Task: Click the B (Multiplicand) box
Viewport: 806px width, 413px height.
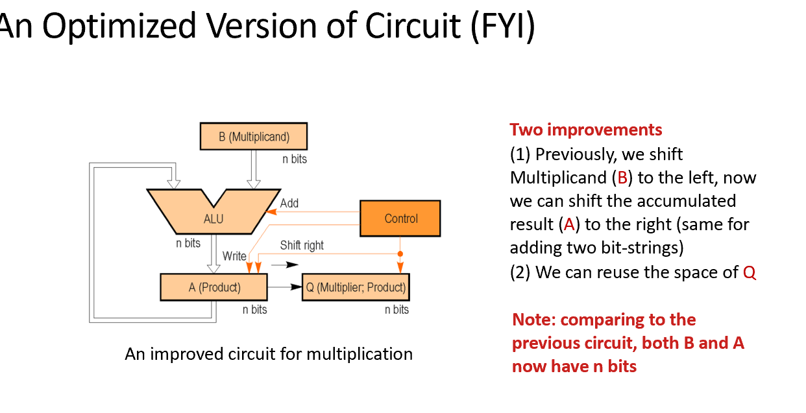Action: [x=253, y=137]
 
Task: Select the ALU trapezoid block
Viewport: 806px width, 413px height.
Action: [x=213, y=218]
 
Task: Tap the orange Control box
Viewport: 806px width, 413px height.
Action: [x=400, y=218]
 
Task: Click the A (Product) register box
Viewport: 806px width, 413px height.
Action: [x=214, y=287]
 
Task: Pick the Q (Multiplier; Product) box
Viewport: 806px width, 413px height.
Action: [x=356, y=287]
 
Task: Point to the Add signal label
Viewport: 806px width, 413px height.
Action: [x=289, y=203]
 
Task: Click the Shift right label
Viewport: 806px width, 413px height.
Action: [x=302, y=245]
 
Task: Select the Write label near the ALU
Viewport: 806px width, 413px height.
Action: [x=234, y=256]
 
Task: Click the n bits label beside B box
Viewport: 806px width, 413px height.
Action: [x=295, y=159]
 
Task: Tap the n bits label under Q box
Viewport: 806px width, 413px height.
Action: [x=397, y=309]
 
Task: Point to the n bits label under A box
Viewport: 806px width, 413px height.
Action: [x=255, y=309]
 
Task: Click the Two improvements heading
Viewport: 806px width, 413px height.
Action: [x=586, y=130]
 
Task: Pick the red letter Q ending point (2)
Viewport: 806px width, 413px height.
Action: [x=750, y=272]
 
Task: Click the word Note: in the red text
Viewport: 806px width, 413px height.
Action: [x=534, y=320]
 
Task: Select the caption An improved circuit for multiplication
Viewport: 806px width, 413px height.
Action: [x=269, y=354]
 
